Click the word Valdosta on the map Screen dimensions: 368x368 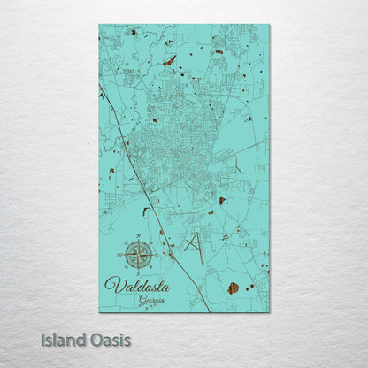(136, 284)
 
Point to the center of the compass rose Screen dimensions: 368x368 (137, 255)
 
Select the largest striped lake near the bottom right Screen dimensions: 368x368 (233, 288)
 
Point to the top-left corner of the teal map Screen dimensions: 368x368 (99, 25)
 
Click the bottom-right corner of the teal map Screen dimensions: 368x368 (269, 311)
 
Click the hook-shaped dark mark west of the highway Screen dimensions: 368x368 (145, 211)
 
